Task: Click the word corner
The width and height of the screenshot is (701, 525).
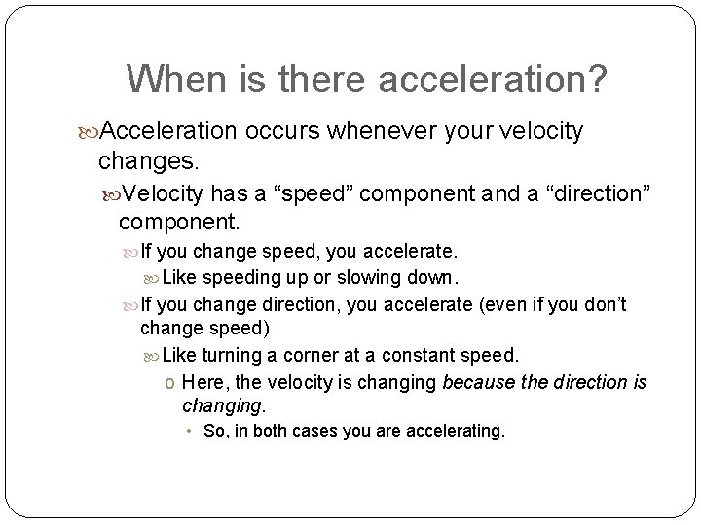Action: (317, 356)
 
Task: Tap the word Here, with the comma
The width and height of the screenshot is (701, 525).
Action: (203, 382)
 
